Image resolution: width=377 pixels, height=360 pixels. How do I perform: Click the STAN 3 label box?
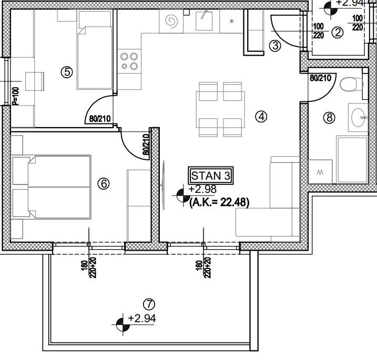[x=210, y=176]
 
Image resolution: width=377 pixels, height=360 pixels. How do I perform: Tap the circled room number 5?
[x=66, y=72]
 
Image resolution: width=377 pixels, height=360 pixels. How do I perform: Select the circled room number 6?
[x=104, y=183]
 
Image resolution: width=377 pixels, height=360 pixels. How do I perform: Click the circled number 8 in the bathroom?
[x=330, y=117]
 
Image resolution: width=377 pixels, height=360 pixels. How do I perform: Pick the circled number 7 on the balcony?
[x=149, y=304]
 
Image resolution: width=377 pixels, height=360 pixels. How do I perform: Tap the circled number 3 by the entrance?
[x=275, y=46]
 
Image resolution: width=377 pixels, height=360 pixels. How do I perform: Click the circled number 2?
[x=338, y=33]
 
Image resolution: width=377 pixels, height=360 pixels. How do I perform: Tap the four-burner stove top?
[x=129, y=61]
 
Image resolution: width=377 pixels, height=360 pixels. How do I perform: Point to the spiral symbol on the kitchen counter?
[x=172, y=22]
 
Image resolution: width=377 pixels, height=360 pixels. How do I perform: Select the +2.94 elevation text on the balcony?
[x=142, y=318]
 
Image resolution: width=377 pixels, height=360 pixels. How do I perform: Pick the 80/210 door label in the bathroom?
[x=320, y=79]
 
